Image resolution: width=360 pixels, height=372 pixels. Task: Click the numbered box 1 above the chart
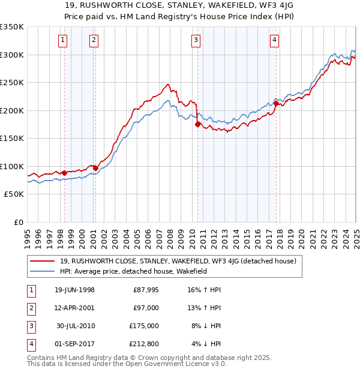pyautogui.click(x=63, y=41)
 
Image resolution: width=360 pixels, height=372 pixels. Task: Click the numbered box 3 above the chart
pyautogui.click(x=196, y=41)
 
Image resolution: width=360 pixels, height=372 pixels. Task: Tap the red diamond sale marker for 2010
pyautogui.click(x=197, y=125)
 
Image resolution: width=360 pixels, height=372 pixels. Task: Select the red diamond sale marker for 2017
pyautogui.click(x=275, y=104)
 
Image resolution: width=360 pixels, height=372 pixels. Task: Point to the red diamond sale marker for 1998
pyautogui.click(x=65, y=173)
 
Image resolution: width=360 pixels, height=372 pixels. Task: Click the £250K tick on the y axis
pyautogui.click(x=12, y=83)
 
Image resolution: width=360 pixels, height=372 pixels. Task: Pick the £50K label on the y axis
pyautogui.click(x=14, y=194)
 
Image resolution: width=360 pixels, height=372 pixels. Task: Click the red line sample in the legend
pyautogui.click(x=43, y=261)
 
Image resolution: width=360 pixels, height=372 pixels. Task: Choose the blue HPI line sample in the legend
pyautogui.click(x=43, y=271)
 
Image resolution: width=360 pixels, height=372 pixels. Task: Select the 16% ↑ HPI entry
pyautogui.click(x=206, y=290)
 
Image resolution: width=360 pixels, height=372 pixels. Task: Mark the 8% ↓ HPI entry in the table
pyautogui.click(x=206, y=326)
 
